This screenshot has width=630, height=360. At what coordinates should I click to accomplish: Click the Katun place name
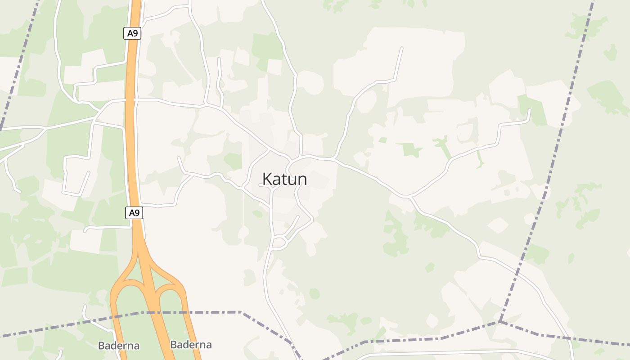284,179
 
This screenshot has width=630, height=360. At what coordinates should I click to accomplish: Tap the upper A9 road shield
132,33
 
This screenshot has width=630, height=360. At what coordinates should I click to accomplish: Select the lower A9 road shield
134,213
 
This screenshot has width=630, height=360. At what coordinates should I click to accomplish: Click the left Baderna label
119,346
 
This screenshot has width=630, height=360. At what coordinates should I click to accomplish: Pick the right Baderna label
191,345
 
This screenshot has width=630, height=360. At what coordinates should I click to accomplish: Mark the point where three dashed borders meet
499,322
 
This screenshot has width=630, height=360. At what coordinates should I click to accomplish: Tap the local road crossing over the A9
130,99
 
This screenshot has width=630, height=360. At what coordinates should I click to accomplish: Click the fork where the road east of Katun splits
409,196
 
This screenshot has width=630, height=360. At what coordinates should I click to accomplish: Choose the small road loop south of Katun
280,242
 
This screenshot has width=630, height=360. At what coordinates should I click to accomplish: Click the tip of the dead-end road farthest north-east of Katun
401,48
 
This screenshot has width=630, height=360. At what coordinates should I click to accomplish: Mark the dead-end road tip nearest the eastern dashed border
529,110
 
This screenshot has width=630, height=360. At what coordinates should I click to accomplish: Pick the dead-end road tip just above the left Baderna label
85,307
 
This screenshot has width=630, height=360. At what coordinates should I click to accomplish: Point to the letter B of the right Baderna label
174,345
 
